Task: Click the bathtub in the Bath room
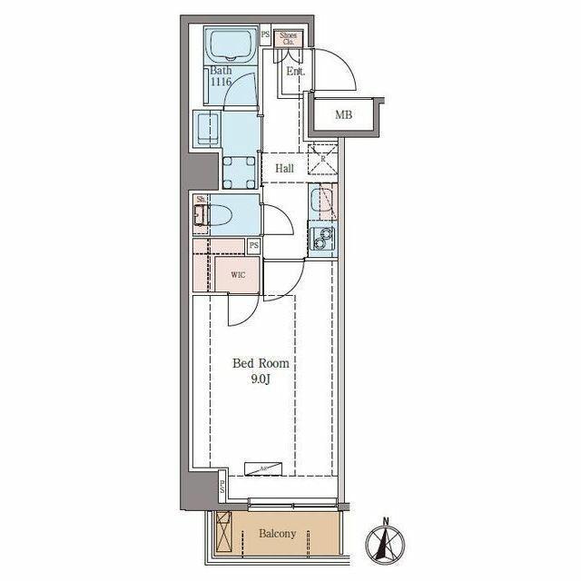(231, 44)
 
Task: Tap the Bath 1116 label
(221, 76)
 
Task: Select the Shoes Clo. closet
(288, 37)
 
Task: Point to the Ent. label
(295, 71)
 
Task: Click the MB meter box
(343, 114)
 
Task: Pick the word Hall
(284, 169)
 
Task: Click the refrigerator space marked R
(321, 159)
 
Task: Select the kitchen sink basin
(321, 201)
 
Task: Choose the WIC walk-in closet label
(238, 273)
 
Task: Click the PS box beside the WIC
(254, 246)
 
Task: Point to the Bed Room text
(261, 363)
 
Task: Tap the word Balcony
(278, 534)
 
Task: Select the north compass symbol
(385, 543)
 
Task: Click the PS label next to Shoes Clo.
(265, 37)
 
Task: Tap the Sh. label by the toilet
(200, 198)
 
